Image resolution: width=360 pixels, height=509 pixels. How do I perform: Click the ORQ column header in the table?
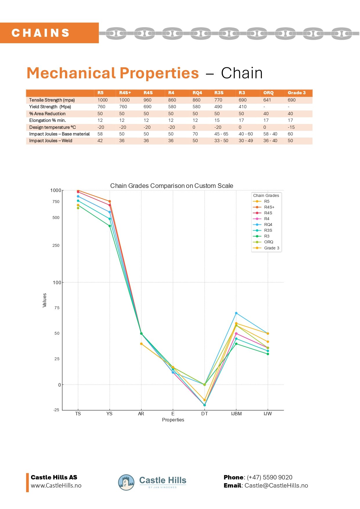(x=268, y=93)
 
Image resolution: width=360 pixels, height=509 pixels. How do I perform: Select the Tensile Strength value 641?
(x=267, y=100)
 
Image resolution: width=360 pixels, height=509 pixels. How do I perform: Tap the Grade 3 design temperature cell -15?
(x=291, y=127)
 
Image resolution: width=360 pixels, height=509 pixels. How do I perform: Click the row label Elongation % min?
(x=48, y=120)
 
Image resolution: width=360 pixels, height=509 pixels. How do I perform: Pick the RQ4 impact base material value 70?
(x=195, y=134)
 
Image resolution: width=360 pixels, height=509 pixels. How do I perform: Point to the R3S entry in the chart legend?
(x=268, y=230)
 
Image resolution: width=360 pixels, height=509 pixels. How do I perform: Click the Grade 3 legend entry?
(x=272, y=248)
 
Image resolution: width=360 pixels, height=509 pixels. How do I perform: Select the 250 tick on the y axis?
(x=56, y=245)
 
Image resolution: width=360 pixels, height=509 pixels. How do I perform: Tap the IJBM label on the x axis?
(x=236, y=414)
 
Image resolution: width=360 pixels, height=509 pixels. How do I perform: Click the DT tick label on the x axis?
(x=205, y=414)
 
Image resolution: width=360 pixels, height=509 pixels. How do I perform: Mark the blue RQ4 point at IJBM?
(x=236, y=313)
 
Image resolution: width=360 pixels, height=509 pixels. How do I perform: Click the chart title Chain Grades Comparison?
(x=172, y=186)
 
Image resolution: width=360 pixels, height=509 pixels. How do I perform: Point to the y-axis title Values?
(x=44, y=300)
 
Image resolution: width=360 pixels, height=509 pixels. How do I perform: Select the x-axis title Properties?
(x=173, y=420)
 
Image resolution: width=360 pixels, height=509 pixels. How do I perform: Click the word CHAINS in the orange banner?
(x=41, y=33)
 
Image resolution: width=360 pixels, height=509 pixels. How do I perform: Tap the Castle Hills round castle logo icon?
(x=126, y=482)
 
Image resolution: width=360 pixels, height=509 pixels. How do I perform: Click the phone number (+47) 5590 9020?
(x=269, y=477)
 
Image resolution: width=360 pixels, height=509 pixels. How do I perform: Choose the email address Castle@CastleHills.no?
(x=276, y=486)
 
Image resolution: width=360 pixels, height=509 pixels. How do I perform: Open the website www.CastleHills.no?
(x=56, y=486)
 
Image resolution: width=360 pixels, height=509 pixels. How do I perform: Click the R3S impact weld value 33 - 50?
(x=221, y=141)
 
